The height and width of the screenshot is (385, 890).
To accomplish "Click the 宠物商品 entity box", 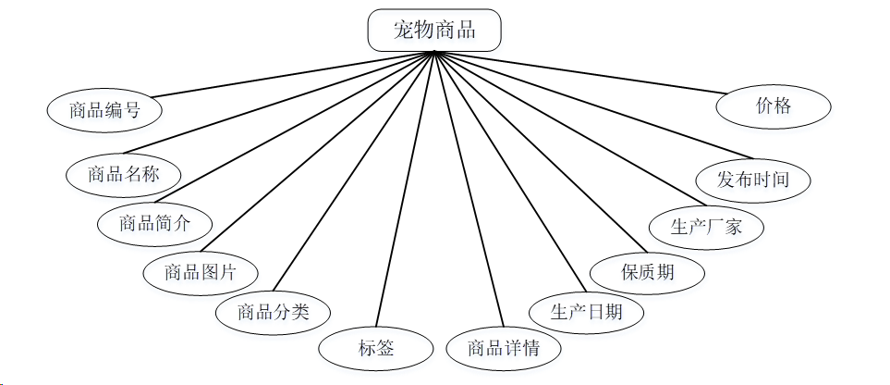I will tap(434, 30).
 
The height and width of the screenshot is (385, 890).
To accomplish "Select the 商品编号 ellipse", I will tap(104, 110).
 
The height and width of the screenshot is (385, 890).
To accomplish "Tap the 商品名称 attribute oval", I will tap(123, 173).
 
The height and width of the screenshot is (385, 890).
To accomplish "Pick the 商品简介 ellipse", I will tap(154, 223).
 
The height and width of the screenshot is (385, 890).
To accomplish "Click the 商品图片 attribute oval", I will tap(201, 272).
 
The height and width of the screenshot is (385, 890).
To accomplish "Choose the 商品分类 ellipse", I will tap(273, 312).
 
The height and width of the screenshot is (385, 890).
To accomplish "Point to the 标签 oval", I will tap(376, 349).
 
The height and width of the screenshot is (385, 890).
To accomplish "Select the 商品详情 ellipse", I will tap(504, 349).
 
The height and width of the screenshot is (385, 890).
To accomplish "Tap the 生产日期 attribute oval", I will tap(586, 312).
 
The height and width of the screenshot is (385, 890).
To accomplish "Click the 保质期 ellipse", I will tap(647, 272).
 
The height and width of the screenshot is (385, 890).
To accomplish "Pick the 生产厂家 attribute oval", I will tap(706, 226).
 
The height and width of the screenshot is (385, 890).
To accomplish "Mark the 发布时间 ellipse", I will tap(753, 179).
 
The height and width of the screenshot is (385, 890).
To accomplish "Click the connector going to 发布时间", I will tap(591, 104).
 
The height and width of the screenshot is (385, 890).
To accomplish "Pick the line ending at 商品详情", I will tap(469, 190).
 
